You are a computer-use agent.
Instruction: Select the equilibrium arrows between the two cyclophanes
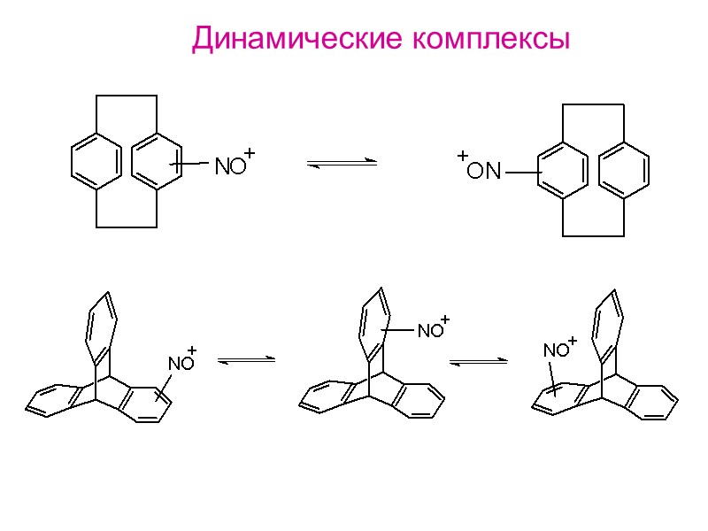click(342, 164)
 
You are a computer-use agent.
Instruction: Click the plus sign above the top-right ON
click(462, 156)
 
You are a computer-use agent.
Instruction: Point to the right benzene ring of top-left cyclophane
click(157, 160)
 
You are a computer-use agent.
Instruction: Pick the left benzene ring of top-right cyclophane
click(562, 169)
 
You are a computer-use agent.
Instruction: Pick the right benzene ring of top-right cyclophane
click(624, 169)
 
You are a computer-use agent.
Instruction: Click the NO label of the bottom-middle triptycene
click(430, 331)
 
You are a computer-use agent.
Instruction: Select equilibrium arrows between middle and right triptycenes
click(479, 361)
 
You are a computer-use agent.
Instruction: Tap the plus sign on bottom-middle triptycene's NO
click(445, 318)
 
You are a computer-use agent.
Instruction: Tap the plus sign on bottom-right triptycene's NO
click(572, 339)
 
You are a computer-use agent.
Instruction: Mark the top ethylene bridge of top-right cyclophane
click(593, 105)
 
